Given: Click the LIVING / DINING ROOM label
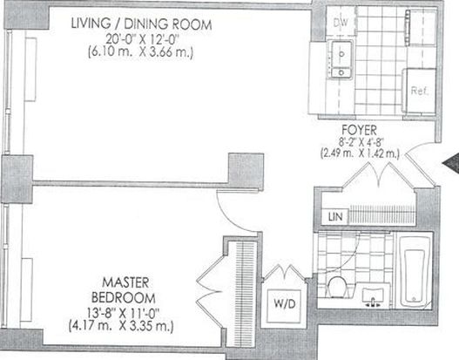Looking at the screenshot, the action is click(141, 24).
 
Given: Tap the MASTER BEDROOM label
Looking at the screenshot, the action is click(124, 290).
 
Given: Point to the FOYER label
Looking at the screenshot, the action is click(359, 130).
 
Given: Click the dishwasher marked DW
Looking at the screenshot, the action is click(341, 22).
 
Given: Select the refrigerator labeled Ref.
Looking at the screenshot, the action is click(419, 91).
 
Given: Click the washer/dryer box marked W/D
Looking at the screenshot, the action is click(284, 305).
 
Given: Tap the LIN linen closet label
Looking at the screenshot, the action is click(335, 217).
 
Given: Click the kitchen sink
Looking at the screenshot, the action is click(341, 60).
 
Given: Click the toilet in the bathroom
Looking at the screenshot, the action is click(337, 287).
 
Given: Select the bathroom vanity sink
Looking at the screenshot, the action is click(373, 295).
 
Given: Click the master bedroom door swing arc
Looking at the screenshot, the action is click(231, 217).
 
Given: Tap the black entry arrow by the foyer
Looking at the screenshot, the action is click(452, 165).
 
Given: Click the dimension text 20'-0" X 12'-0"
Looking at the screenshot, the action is click(142, 39).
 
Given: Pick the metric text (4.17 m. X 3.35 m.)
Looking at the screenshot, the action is click(121, 326).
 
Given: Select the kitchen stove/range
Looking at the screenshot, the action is click(421, 27).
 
